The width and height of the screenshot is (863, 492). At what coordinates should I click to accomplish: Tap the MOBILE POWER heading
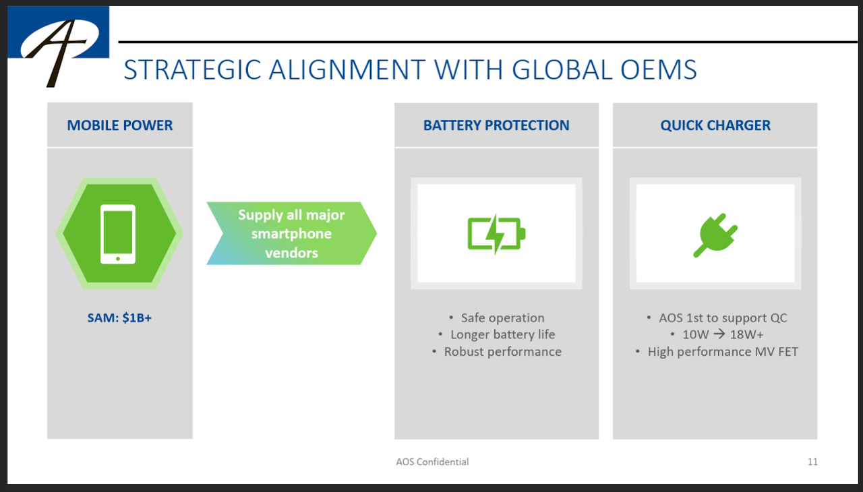pyautogui.click(x=120, y=125)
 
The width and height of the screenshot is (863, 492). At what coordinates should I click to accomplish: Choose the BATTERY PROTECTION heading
pyautogui.click(x=496, y=125)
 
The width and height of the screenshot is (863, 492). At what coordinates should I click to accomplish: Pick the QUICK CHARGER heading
pyautogui.click(x=715, y=125)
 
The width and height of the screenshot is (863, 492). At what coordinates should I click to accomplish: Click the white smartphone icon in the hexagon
pyautogui.click(x=118, y=233)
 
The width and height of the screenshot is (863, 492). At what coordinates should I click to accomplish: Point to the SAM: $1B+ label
pyautogui.click(x=119, y=317)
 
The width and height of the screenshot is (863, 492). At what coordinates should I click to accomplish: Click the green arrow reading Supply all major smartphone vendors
pyautogui.click(x=291, y=234)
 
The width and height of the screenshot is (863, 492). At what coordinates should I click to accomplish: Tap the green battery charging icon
pyautogui.click(x=496, y=233)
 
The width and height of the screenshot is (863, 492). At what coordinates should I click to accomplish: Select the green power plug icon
pyautogui.click(x=715, y=233)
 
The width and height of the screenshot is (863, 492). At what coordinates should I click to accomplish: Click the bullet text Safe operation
pyautogui.click(x=502, y=318)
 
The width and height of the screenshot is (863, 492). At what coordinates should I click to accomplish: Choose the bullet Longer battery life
pyautogui.click(x=502, y=335)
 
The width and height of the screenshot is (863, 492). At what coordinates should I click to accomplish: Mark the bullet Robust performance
pyautogui.click(x=502, y=352)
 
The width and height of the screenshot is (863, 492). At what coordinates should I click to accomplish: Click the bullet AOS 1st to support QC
pyautogui.click(x=722, y=318)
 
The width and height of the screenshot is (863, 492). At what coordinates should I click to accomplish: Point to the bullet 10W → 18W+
pyautogui.click(x=722, y=335)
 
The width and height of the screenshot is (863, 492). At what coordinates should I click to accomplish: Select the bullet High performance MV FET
pyautogui.click(x=722, y=352)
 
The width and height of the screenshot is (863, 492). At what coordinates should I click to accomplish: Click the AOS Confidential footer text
pyautogui.click(x=432, y=462)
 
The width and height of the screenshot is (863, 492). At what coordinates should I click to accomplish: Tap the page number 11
pyautogui.click(x=812, y=462)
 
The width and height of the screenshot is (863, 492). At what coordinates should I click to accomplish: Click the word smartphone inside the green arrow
pyautogui.click(x=291, y=234)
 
